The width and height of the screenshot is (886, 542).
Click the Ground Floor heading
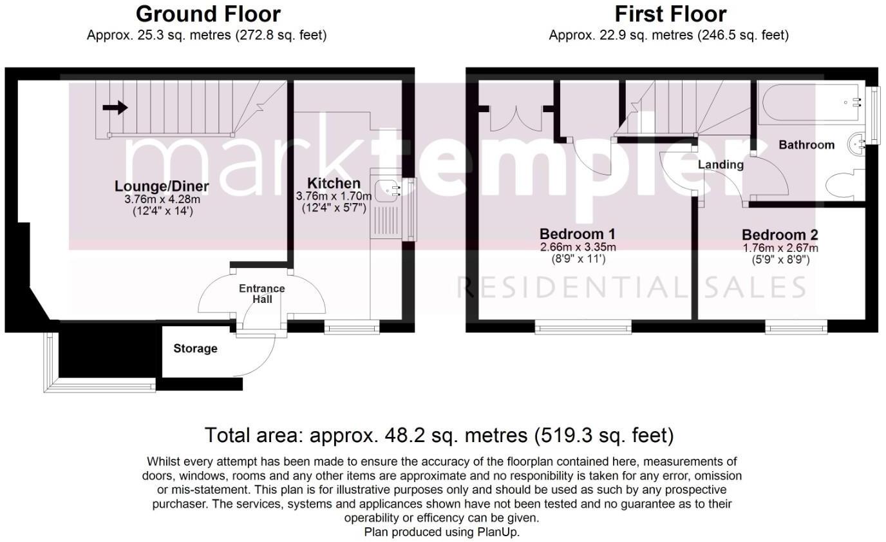[207, 14]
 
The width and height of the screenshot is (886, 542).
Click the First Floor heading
[670, 14]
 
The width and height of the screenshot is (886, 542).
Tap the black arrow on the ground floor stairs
[115, 108]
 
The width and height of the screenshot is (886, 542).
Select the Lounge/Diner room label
[162, 187]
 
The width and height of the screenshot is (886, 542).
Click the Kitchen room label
[333, 183]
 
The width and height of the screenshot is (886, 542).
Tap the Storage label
[195, 349]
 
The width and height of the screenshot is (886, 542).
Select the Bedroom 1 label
[578, 233]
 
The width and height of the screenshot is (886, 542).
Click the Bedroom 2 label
[780, 235]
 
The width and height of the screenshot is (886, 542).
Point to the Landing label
[721, 165]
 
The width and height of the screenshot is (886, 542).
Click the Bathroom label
[806, 145]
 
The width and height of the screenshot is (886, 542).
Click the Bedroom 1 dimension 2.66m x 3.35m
[578, 247]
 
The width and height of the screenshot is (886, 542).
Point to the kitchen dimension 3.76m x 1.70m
[333, 196]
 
